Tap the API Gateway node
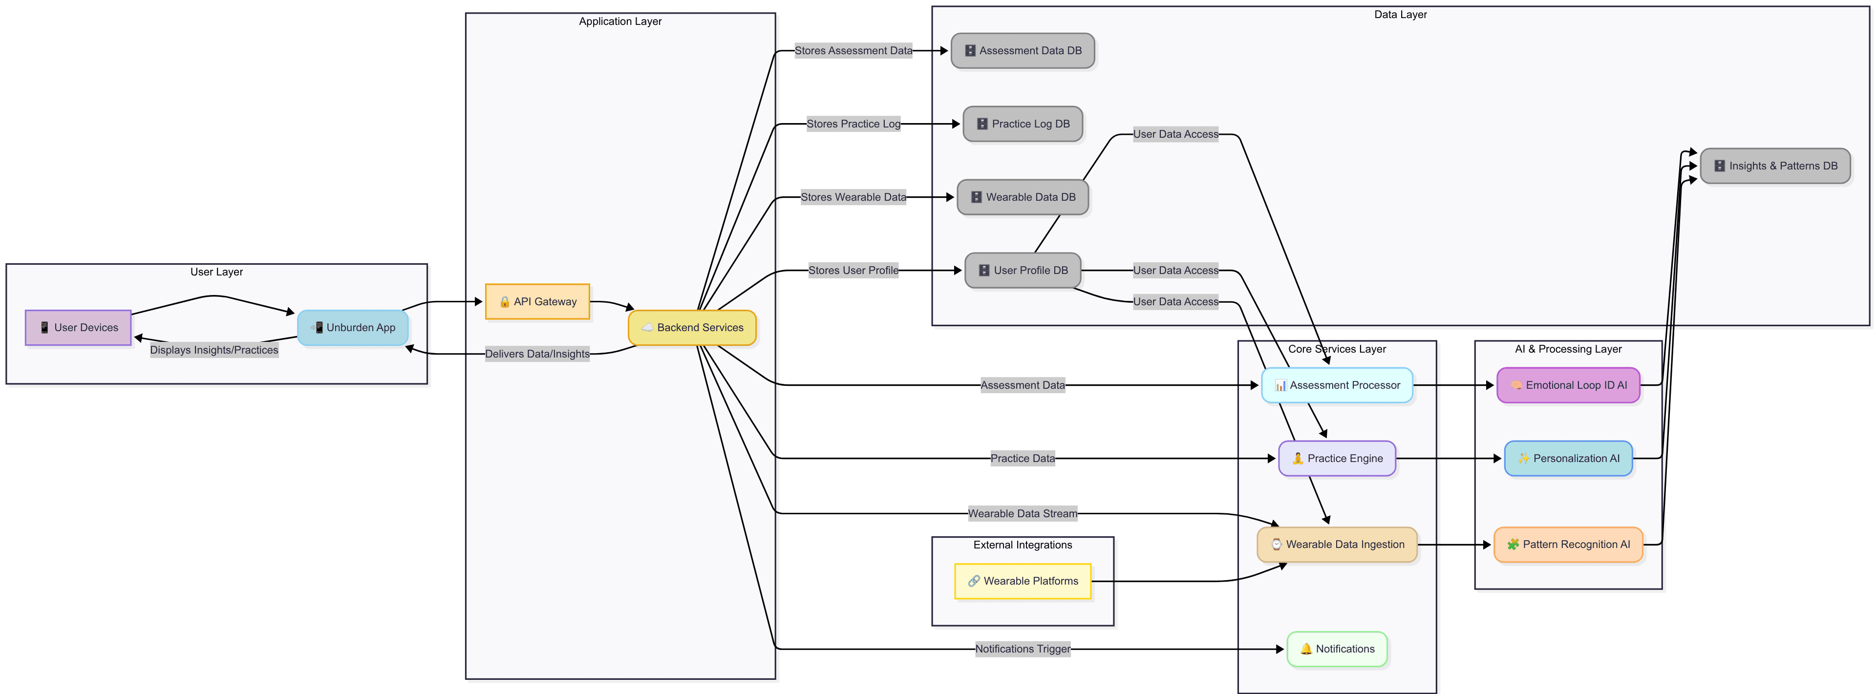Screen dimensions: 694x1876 (x=537, y=301)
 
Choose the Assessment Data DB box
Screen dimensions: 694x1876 (x=1023, y=51)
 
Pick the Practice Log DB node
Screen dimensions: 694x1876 (x=1023, y=124)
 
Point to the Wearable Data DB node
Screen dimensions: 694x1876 (x=1023, y=197)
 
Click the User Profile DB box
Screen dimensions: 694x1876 (x=1023, y=270)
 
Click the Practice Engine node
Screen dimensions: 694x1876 (x=1337, y=459)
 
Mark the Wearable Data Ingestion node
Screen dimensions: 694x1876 (x=1337, y=545)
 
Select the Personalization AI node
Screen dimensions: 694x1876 (x=1568, y=459)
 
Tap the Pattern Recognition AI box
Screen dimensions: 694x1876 (x=1568, y=545)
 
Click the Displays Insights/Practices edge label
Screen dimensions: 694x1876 (x=214, y=350)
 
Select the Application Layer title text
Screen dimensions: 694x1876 (x=620, y=21)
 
